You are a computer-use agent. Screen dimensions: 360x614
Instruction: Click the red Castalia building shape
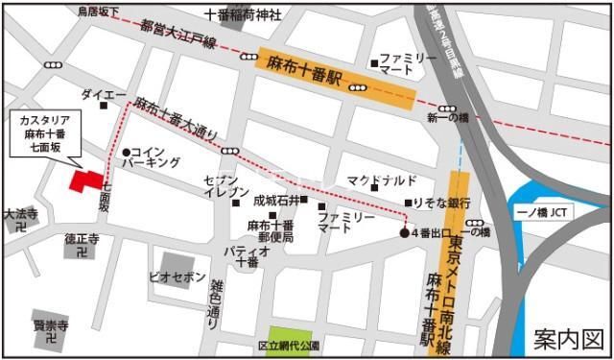pyautogui.click(x=85, y=181)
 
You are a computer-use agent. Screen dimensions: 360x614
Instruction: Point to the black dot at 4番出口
pyautogui.click(x=404, y=233)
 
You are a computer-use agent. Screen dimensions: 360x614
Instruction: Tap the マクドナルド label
pyautogui.click(x=382, y=180)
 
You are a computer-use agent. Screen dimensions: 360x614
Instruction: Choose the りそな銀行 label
pyautogui.click(x=441, y=204)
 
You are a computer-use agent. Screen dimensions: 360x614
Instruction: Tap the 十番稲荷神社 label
pyautogui.click(x=244, y=14)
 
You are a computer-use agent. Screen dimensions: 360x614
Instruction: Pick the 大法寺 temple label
pyautogui.click(x=19, y=214)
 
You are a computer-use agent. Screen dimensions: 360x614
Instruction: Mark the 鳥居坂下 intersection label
pyautogui.click(x=99, y=12)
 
